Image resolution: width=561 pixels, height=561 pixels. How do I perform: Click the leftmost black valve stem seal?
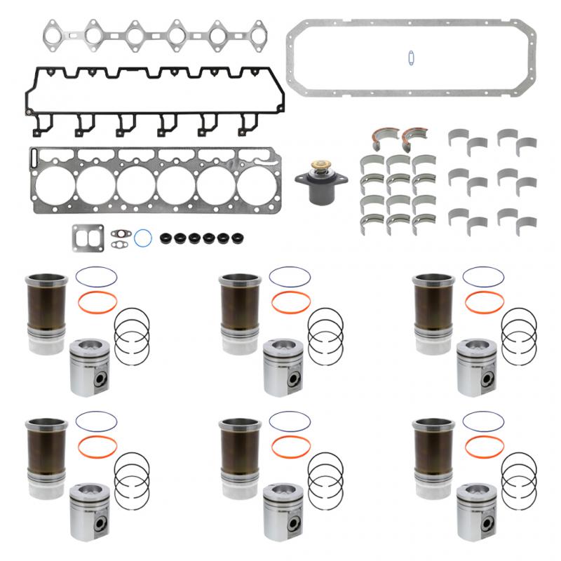click(x=167, y=238)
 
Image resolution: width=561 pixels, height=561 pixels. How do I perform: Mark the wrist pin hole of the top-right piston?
click(x=482, y=375)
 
